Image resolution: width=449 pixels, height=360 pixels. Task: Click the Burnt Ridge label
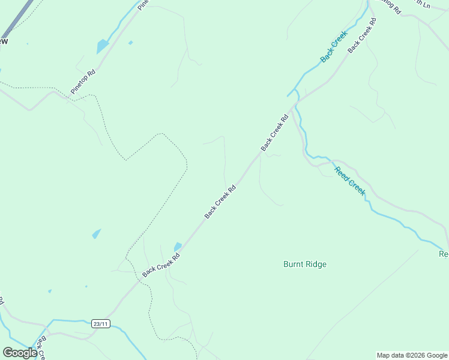305,264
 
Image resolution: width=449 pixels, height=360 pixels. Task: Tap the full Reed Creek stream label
350,181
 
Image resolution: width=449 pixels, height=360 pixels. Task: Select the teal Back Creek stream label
334,47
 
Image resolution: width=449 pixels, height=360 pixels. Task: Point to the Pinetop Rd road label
83,82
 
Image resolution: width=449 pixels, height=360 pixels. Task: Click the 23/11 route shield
101,324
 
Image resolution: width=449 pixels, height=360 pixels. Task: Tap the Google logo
20,353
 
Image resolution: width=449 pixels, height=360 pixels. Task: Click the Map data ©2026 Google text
412,355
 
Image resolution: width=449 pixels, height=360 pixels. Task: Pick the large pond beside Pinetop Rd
103,46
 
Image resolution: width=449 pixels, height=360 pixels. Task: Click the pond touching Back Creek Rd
178,247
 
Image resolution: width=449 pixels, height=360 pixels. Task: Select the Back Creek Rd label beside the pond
161,265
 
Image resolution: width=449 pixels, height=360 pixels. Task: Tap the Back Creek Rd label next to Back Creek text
363,34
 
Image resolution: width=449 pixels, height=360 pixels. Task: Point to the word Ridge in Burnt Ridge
316,264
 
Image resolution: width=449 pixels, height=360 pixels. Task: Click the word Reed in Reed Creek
342,173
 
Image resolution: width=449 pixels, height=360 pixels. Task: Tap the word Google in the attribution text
434,355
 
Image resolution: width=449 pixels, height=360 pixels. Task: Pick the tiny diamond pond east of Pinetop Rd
130,43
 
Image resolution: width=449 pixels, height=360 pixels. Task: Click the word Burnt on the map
293,264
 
